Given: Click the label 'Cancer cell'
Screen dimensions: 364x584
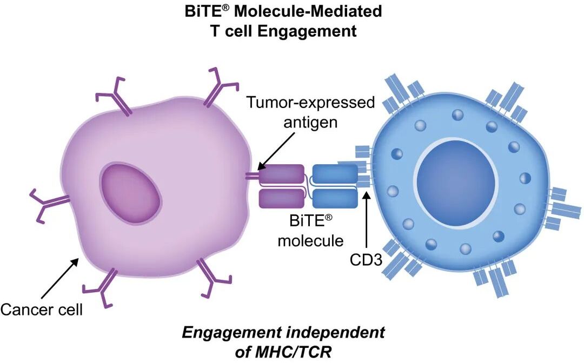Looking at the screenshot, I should point(41,309).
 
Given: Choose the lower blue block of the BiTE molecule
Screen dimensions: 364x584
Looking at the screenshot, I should point(335,198).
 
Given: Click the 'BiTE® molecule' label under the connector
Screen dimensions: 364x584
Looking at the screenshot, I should point(303,230).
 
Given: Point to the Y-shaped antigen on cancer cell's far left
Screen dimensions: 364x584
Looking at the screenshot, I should point(48,205).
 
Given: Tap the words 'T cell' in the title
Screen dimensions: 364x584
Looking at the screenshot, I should point(238,31).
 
